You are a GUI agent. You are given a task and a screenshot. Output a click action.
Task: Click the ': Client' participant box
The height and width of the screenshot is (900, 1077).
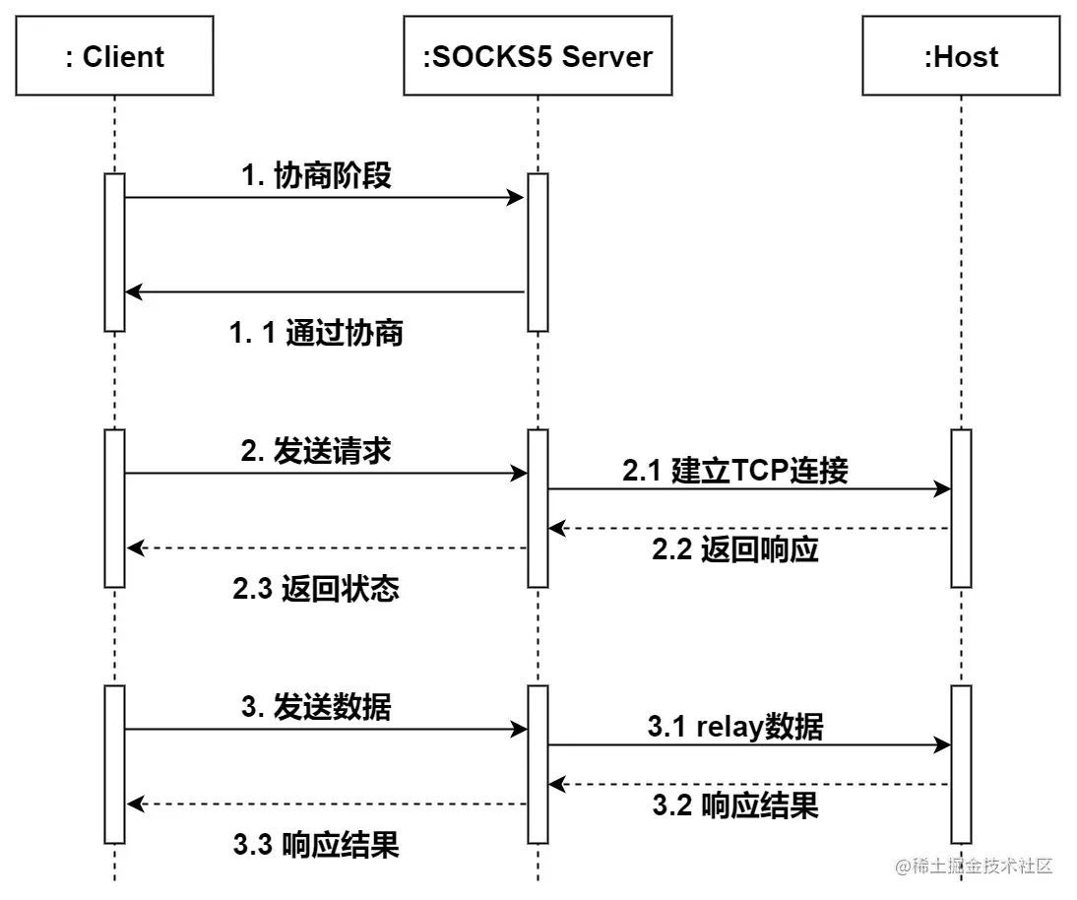(114, 56)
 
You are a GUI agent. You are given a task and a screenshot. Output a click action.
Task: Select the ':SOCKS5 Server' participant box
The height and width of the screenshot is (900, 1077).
(538, 56)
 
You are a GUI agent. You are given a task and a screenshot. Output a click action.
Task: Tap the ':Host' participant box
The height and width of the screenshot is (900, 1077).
(961, 56)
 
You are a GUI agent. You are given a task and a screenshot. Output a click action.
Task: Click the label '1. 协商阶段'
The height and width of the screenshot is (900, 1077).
(316, 175)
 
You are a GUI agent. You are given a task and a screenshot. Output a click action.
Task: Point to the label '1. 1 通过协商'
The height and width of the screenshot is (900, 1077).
(316, 333)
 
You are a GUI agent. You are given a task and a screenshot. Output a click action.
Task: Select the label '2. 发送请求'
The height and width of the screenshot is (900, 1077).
(316, 451)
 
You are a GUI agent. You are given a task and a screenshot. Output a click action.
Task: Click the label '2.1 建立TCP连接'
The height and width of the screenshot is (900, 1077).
(734, 471)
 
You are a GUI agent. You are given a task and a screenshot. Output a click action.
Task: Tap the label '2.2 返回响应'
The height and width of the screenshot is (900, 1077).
(734, 549)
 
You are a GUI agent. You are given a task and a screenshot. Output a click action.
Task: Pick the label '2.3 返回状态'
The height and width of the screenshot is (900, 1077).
(316, 589)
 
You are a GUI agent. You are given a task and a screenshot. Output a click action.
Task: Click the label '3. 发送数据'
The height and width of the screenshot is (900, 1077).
(316, 707)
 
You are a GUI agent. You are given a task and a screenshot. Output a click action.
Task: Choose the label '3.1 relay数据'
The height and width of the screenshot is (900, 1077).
(734, 727)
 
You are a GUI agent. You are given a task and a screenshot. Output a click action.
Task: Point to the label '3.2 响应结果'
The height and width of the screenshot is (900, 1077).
(734, 805)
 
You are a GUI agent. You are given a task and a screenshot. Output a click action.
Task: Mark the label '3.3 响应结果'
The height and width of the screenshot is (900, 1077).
(316, 845)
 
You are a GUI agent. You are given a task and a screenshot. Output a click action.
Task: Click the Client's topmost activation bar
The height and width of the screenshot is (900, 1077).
(114, 252)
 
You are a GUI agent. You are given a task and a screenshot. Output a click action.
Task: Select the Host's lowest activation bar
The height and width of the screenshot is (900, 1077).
(962, 764)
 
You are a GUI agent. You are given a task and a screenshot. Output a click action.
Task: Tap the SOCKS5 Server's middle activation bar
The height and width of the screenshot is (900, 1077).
(538, 508)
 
